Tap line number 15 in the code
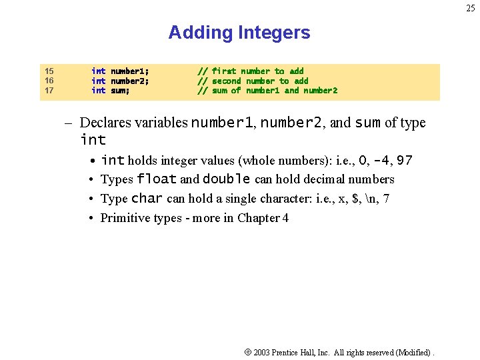tap(49, 71)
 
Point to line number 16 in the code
tap(49, 81)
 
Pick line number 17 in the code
tap(49, 91)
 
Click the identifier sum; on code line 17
tap(120, 91)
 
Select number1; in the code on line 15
tap(129, 71)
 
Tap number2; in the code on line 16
tap(129, 81)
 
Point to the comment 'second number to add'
tap(260, 81)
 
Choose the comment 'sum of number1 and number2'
tap(275, 91)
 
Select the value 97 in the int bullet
tap(405, 161)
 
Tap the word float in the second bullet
tap(157, 179)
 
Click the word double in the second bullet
tap(227, 179)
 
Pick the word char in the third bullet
tap(147, 199)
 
